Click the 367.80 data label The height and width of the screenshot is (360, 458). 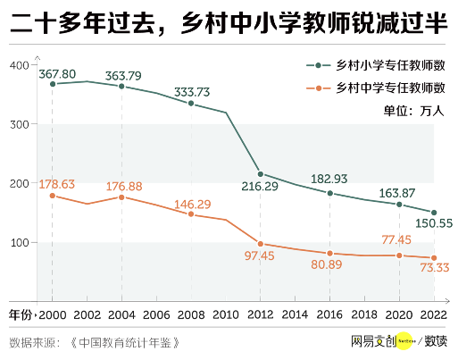57,73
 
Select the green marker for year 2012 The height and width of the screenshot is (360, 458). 260,174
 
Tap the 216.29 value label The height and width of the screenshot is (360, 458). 260,188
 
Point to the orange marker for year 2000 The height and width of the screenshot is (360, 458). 52,195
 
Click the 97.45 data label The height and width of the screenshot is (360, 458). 260,256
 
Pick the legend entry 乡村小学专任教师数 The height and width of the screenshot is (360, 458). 377,66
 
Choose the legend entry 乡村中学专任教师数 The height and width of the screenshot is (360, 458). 377,88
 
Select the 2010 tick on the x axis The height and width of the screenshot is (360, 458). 225,315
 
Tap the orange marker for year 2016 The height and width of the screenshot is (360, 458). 329,254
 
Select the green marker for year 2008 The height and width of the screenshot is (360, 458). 190,104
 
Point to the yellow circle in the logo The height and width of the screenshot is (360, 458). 404,340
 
